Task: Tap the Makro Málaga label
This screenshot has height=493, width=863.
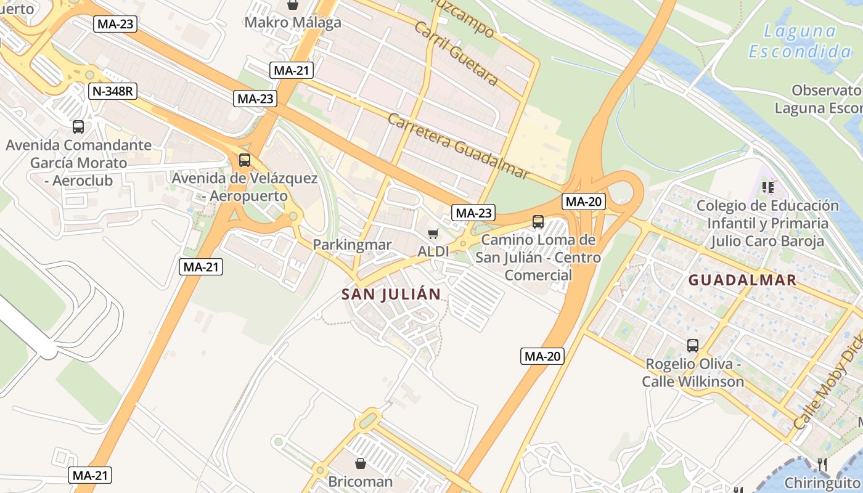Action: pyautogui.click(x=293, y=23)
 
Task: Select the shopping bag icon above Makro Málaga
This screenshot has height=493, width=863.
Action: pyautogui.click(x=293, y=5)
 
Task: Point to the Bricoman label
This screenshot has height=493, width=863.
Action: pyautogui.click(x=361, y=481)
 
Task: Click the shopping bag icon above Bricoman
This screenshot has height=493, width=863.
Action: pyautogui.click(x=361, y=463)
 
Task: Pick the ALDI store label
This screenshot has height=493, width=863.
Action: pyautogui.click(x=433, y=251)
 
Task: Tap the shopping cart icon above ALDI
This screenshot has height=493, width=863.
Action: pyautogui.click(x=433, y=234)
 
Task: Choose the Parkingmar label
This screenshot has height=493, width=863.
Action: pyautogui.click(x=352, y=245)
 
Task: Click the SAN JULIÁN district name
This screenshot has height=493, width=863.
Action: pyautogui.click(x=391, y=294)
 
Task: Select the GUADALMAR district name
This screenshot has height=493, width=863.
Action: pyautogui.click(x=742, y=280)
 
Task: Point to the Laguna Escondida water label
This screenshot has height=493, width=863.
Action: pyautogui.click(x=800, y=41)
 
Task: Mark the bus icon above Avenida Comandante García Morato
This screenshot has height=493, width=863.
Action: pyautogui.click(x=78, y=127)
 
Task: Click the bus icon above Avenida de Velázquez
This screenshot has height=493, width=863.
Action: pyautogui.click(x=245, y=160)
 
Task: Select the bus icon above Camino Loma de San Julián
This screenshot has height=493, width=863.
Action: pyautogui.click(x=538, y=222)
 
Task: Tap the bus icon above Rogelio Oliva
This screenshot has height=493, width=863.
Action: pyautogui.click(x=693, y=346)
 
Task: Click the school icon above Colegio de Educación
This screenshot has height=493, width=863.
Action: pyautogui.click(x=767, y=187)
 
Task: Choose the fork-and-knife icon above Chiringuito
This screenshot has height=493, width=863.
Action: pyautogui.click(x=822, y=464)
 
